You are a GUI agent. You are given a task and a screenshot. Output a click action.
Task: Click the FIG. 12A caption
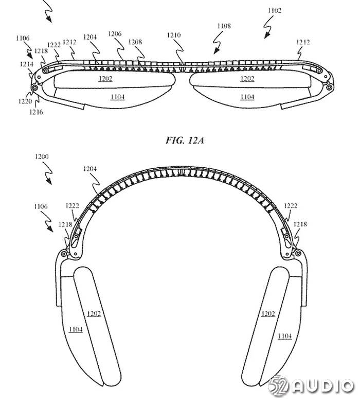[x=185, y=141]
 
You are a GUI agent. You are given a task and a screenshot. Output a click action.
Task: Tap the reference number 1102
[x=275, y=10]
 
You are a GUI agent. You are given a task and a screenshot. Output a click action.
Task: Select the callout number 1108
[x=224, y=26]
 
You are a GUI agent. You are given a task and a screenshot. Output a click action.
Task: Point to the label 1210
[x=174, y=35]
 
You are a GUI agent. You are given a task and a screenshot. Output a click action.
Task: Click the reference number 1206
[x=115, y=33]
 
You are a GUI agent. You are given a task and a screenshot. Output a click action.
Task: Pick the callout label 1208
[x=135, y=42]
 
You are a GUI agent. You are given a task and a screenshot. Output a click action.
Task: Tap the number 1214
[x=27, y=64]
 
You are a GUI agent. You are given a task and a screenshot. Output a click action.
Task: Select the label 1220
[x=25, y=101]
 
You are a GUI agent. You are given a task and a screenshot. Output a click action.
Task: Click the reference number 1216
[x=36, y=112]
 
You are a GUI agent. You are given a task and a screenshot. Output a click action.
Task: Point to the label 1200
[x=42, y=156]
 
